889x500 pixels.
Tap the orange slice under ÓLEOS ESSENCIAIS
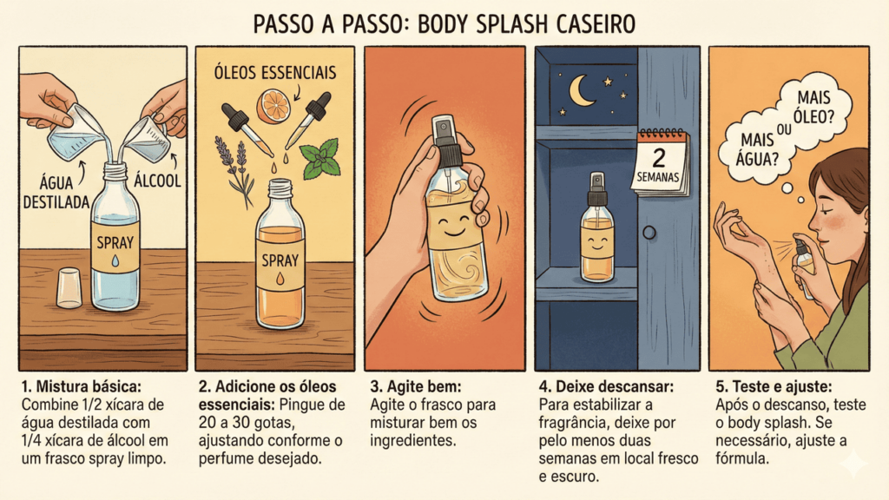point(273,105)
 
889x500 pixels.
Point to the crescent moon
point(581,91)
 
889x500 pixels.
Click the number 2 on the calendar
point(659,157)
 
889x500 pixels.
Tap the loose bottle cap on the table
point(69,288)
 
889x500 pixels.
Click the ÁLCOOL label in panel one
point(157,181)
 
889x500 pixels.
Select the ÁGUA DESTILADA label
point(56,192)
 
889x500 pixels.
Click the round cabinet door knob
point(649,233)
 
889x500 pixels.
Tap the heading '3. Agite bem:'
point(416,386)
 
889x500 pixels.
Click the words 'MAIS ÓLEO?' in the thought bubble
point(813,107)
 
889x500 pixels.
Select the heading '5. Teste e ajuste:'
point(774,386)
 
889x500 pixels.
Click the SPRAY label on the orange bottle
point(280,260)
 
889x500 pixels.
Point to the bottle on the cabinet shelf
point(596,228)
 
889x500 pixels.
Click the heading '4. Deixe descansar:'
point(606,386)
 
